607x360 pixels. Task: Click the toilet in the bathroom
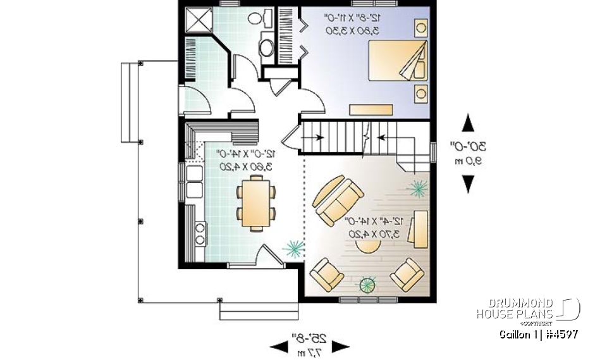tap(257, 18)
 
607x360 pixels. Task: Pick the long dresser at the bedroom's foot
tap(371, 109)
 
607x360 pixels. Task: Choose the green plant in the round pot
tap(367, 285)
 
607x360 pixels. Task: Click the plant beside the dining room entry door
tap(292, 247)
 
